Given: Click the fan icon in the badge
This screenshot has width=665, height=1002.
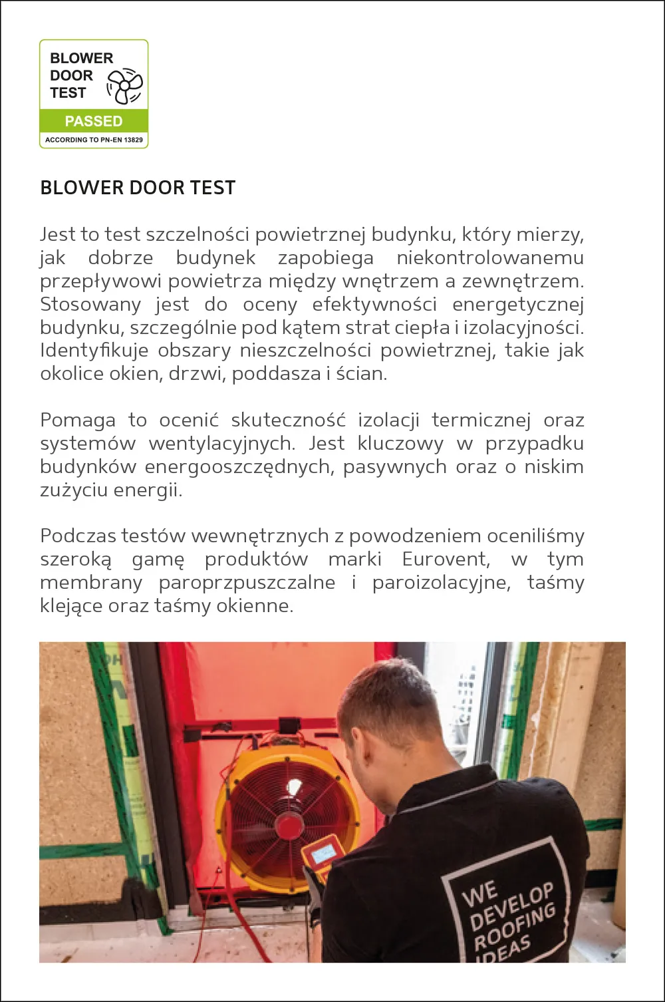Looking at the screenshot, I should pyautogui.click(x=124, y=86).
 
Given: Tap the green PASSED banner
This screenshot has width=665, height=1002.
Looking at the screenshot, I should pyautogui.click(x=94, y=121).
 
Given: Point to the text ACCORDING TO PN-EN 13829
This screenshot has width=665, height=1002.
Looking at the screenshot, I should pyautogui.click(x=94, y=140).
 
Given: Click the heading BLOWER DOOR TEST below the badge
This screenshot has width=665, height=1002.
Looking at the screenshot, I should pyautogui.click(x=138, y=188).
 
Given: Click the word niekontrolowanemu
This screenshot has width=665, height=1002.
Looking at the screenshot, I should pyautogui.click(x=490, y=258).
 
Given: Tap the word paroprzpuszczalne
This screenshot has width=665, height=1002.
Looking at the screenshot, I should pyautogui.click(x=247, y=583).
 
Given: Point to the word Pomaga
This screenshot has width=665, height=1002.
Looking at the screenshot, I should pyautogui.click(x=78, y=420).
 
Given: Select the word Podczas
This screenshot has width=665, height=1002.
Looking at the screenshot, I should pyautogui.click(x=78, y=536).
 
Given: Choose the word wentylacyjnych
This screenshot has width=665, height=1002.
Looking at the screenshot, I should pyautogui.click(x=221, y=444).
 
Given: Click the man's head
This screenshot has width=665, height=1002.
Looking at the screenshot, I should pyautogui.click(x=390, y=712).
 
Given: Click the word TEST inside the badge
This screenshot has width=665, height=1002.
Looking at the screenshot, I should pyautogui.click(x=68, y=93).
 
